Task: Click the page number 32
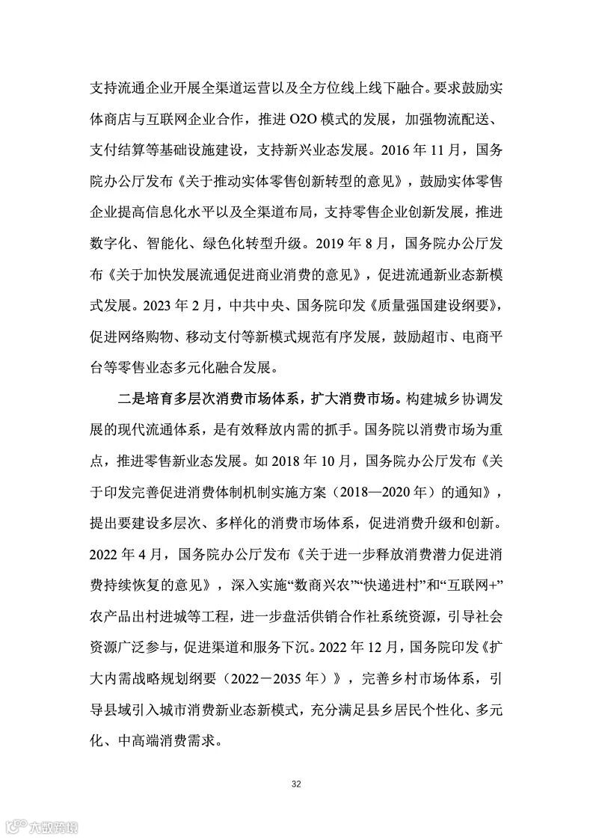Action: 296,784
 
